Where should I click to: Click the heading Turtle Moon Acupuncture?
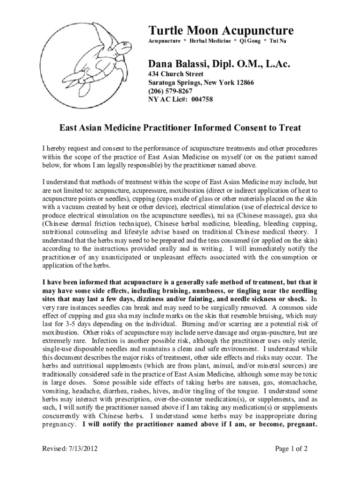click(221, 31)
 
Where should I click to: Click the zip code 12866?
click(244, 83)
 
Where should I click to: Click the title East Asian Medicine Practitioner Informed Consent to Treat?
click(180, 128)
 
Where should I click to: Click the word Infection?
click(107, 341)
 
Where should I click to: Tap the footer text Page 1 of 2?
click(291, 450)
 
